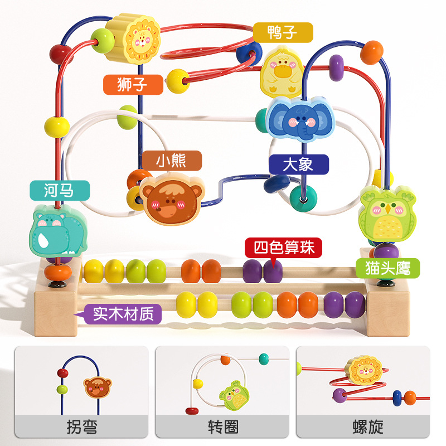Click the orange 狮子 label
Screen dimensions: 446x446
(x=133, y=85)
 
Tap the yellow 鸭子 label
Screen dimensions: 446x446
(x=282, y=32)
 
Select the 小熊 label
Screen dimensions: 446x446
(x=171, y=161)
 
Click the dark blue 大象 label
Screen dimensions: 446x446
(x=298, y=164)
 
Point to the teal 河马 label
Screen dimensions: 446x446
(x=59, y=191)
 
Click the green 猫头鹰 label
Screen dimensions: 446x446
(x=387, y=268)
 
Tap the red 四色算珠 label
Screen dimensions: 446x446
(x=284, y=248)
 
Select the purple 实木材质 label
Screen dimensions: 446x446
(x=123, y=314)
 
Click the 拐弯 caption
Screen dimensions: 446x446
(x=81, y=428)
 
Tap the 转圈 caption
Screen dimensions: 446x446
(x=223, y=428)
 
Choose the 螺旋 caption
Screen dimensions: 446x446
(x=368, y=428)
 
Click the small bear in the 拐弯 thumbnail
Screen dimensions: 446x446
(x=98, y=387)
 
